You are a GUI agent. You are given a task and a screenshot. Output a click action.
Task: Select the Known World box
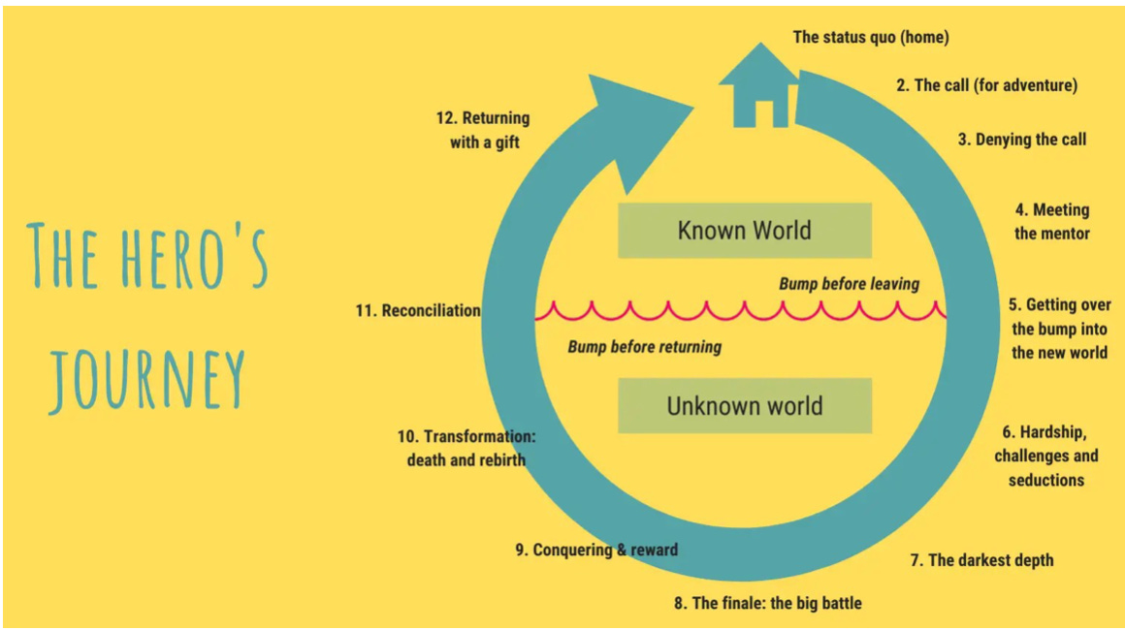[744, 231]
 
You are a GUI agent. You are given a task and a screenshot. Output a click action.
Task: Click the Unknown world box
[744, 405]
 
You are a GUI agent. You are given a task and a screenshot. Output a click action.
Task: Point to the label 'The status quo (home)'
[870, 38]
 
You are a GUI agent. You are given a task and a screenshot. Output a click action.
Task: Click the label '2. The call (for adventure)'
[985, 85]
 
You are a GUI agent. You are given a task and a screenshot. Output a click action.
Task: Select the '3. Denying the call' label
[1022, 140]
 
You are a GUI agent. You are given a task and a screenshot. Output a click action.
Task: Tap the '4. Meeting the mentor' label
[1052, 222]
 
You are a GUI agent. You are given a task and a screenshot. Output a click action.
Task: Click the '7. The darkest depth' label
[981, 560]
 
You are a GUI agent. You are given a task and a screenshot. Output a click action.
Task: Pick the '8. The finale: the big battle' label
[768, 603]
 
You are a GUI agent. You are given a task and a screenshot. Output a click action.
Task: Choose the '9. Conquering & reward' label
[596, 550]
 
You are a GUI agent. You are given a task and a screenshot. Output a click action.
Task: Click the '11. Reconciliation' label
[418, 311]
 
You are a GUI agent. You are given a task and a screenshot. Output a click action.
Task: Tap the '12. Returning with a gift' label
[483, 130]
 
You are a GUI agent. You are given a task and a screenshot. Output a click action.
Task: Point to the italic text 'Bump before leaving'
[849, 284]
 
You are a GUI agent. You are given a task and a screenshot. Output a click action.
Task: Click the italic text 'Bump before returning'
[644, 346]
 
